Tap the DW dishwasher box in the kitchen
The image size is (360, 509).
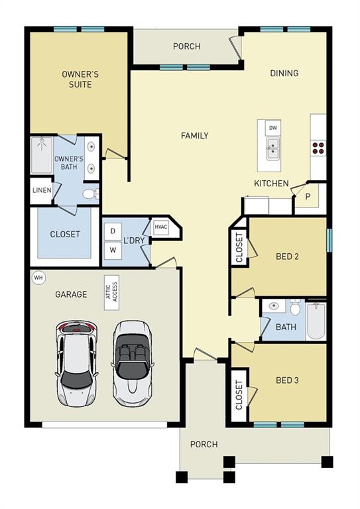click(272, 127)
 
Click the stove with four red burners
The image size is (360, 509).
click(318, 148)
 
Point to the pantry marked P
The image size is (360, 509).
click(308, 197)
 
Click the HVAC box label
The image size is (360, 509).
click(161, 227)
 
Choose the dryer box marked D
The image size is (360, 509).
click(113, 231)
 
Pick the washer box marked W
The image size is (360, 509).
click(113, 251)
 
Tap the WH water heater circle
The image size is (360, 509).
click(38, 277)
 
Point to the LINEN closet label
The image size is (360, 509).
click(40, 192)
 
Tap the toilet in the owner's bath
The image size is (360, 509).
click(90, 194)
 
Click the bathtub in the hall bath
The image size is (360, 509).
click(316, 319)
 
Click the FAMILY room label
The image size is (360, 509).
click(194, 136)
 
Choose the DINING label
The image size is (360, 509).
click(284, 74)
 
